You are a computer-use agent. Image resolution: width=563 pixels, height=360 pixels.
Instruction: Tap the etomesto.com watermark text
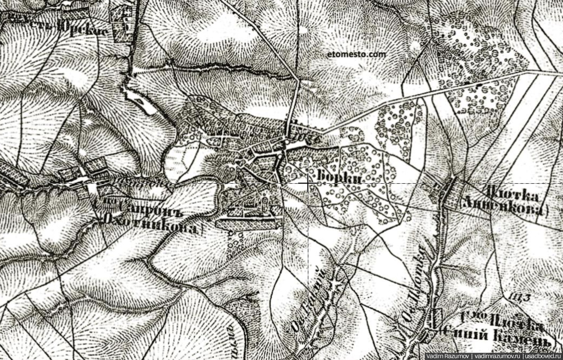pyautogui.click(x=356, y=55)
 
